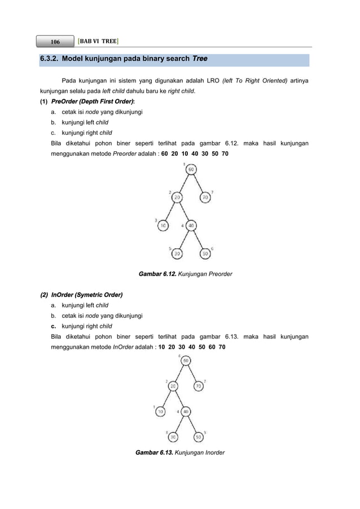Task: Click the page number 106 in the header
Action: pyautogui.click(x=55, y=42)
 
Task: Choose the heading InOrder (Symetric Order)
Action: pyautogui.click(x=87, y=295)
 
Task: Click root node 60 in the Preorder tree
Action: pyautogui.click(x=191, y=170)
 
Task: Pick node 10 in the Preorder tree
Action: pyautogui.click(x=164, y=226)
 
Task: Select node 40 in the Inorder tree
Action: pyautogui.click(x=186, y=411)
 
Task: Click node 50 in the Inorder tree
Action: pyautogui.click(x=199, y=436)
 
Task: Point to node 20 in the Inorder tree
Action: pyautogui.click(x=172, y=386)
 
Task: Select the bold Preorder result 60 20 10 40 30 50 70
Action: pyautogui.click(x=195, y=153)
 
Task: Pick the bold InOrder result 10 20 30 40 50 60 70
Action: pyautogui.click(x=192, y=346)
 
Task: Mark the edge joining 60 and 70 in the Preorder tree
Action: pyautogui.click(x=199, y=184)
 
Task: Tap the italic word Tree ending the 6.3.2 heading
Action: pyautogui.click(x=200, y=59)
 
